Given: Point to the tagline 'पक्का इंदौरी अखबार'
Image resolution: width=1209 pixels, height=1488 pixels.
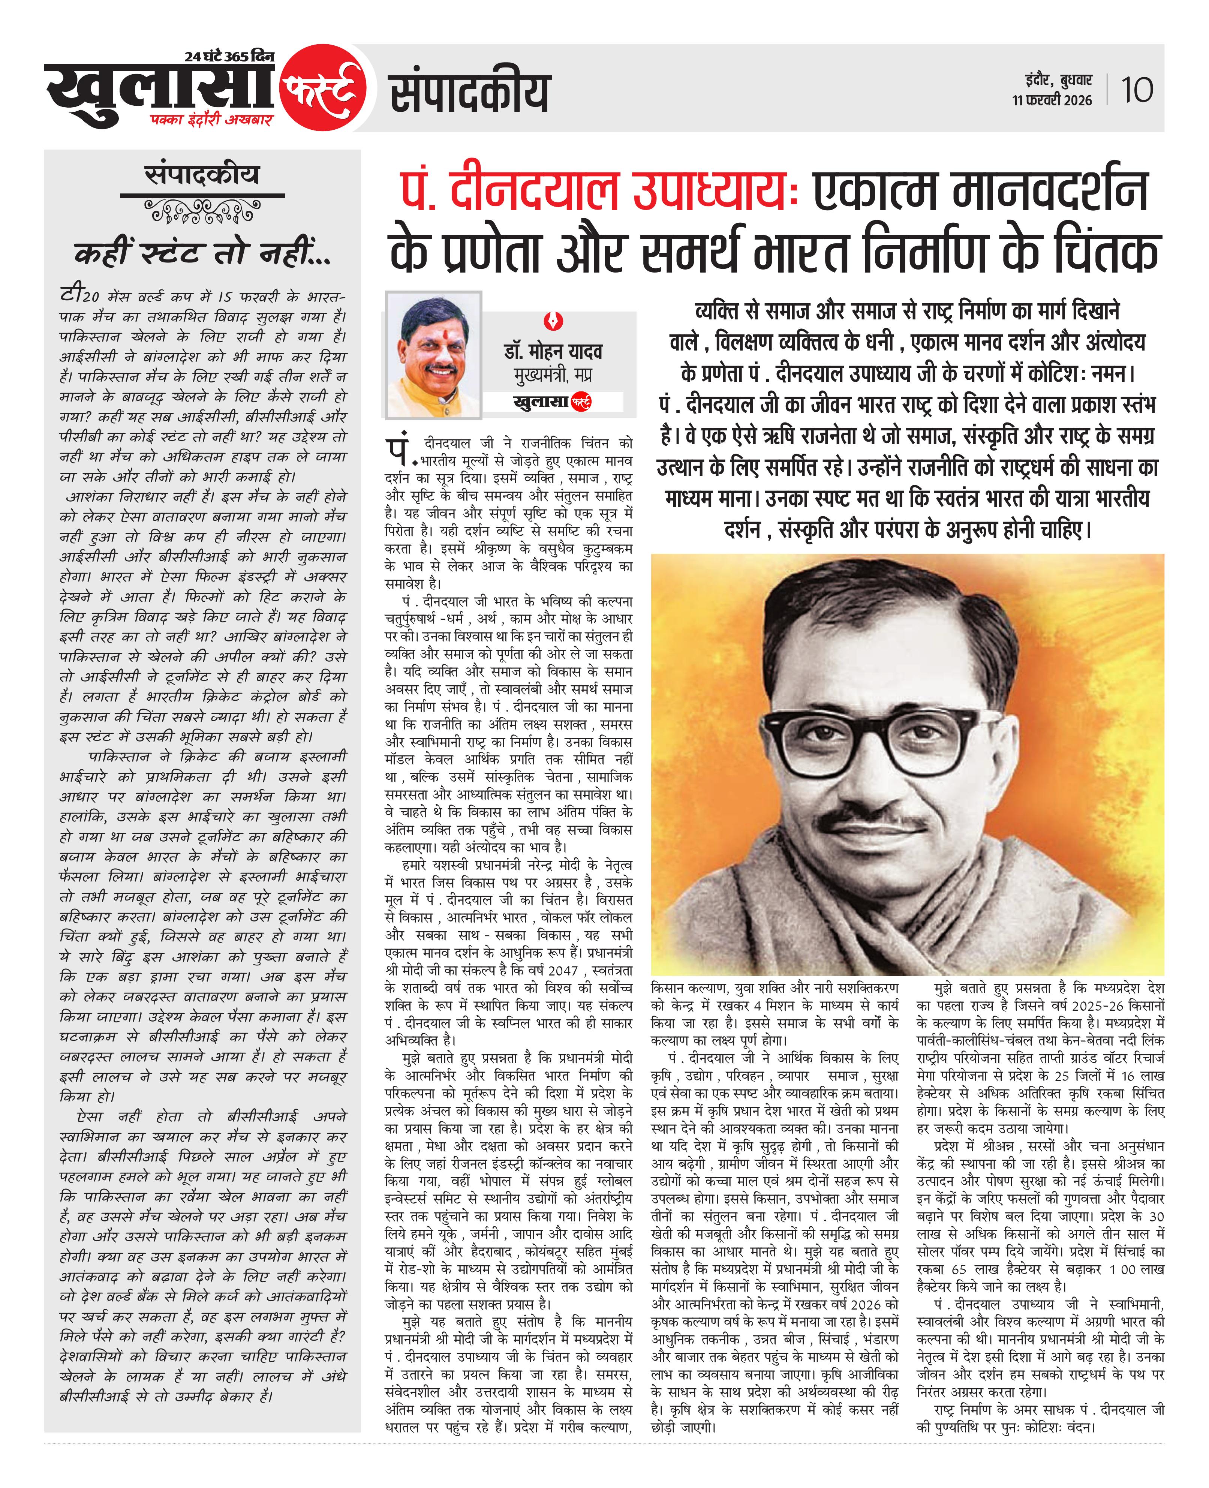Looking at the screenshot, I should pyautogui.click(x=211, y=120).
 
